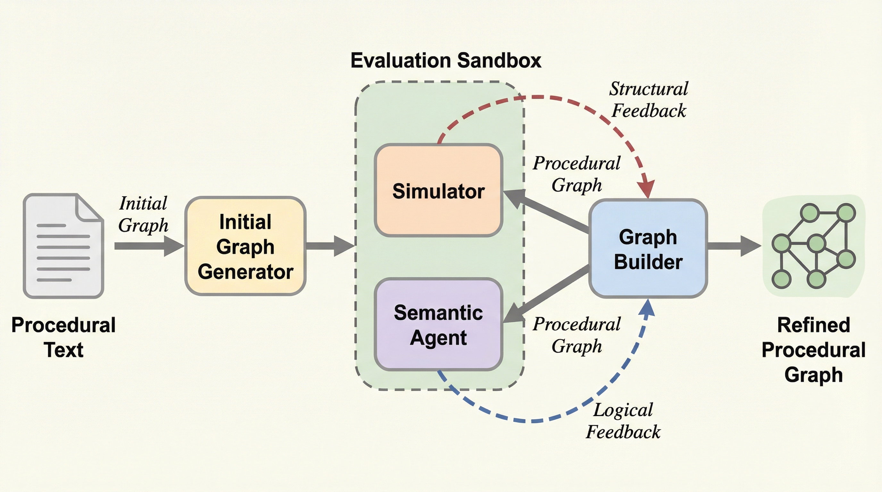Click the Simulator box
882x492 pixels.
(438, 190)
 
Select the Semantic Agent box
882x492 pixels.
(438, 324)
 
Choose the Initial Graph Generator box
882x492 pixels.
(245, 246)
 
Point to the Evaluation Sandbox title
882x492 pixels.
(446, 61)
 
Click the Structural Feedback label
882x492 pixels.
(648, 100)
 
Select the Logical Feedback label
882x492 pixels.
(623, 421)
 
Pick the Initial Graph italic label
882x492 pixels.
(143, 214)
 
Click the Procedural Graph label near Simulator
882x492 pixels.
(577, 174)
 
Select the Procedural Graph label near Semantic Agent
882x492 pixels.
(577, 335)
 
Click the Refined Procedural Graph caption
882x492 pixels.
(813, 350)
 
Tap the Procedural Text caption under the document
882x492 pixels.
(63, 337)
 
